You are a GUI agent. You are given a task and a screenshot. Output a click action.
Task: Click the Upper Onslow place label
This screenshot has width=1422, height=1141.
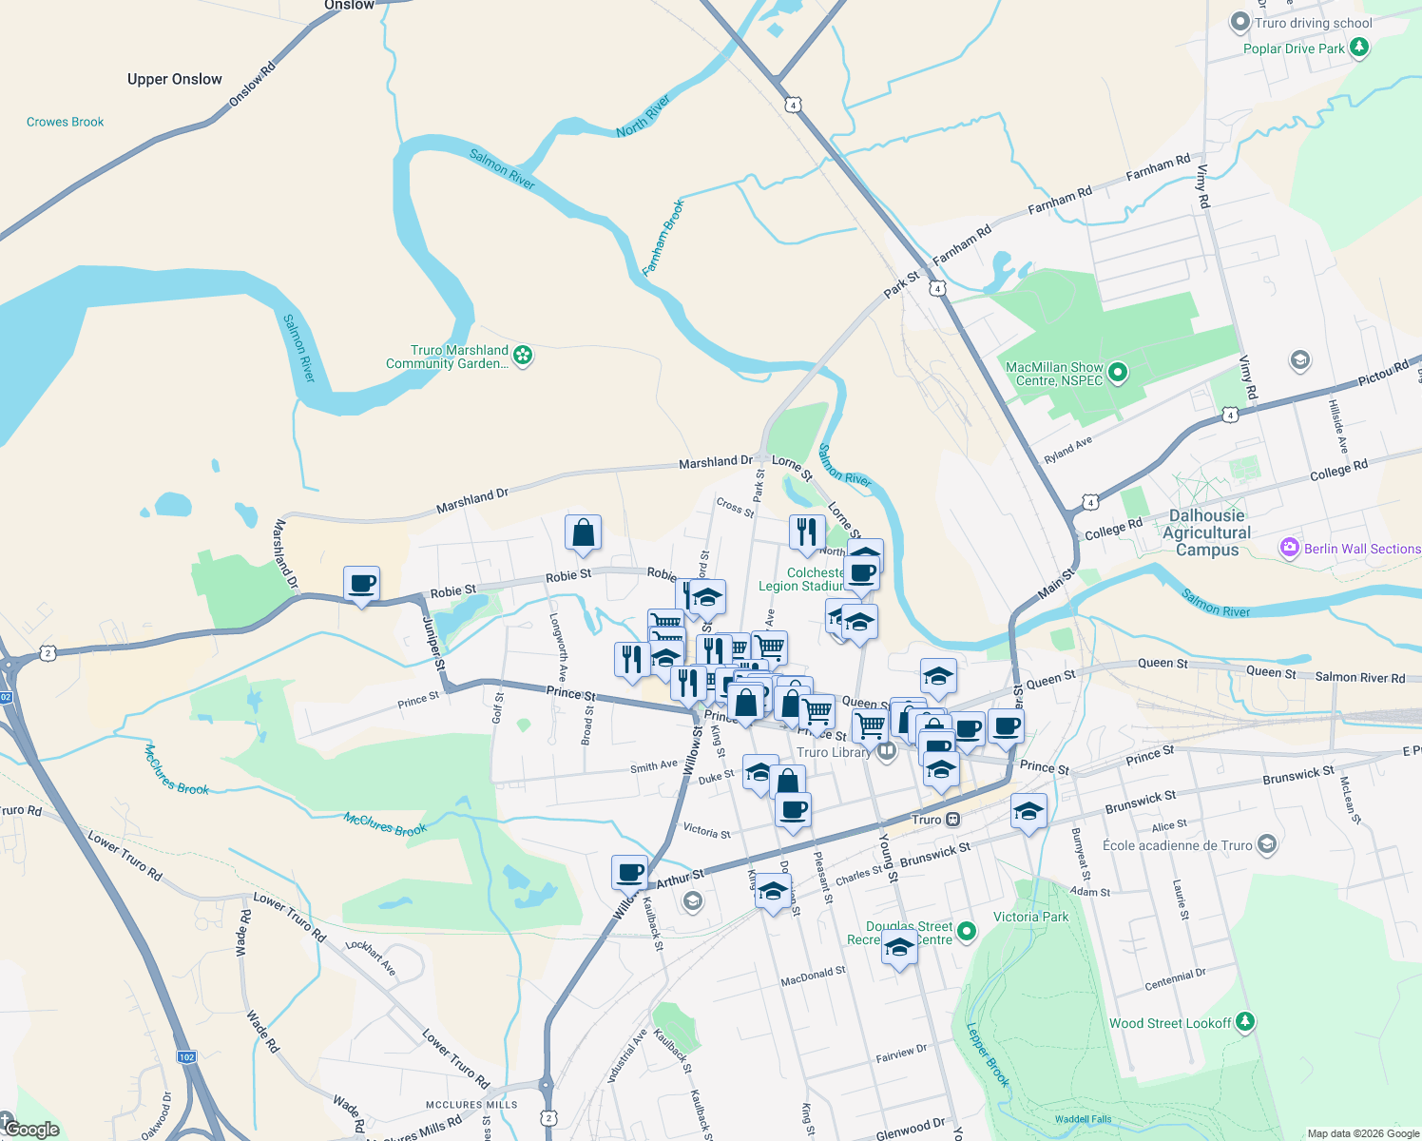175,79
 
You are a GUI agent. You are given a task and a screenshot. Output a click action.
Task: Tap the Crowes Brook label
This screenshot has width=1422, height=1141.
66,122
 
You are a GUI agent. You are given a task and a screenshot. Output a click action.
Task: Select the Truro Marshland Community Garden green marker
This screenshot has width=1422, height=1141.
523,356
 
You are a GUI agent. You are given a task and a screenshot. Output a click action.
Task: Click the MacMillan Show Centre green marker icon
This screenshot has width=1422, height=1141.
1118,373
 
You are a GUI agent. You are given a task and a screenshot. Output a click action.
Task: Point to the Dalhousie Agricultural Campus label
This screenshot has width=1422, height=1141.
1207,532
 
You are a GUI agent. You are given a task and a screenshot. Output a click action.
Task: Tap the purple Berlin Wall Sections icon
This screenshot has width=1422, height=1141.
1290,548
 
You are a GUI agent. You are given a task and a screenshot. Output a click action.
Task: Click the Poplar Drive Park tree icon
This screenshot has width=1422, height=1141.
1359,47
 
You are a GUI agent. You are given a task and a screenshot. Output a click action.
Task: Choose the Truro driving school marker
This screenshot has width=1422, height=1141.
1239,21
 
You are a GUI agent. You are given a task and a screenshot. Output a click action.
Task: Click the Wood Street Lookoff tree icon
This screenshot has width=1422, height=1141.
1245,1022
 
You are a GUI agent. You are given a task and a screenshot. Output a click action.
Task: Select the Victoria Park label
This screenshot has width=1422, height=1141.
1030,917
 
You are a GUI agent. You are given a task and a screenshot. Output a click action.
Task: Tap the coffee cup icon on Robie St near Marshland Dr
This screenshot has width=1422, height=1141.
361,584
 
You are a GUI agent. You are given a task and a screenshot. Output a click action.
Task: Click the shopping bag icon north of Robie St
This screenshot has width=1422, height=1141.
583,533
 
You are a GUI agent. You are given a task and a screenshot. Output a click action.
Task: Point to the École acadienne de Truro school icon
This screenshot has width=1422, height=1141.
1266,844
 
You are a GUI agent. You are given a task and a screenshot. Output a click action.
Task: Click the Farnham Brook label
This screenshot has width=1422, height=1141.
663,238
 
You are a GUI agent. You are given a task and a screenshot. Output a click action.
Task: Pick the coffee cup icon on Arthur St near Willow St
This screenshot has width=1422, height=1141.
629,871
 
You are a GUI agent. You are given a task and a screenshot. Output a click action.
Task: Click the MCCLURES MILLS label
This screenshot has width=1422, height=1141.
471,1105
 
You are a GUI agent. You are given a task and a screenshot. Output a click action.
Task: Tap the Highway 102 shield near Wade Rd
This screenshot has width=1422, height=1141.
186,1056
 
